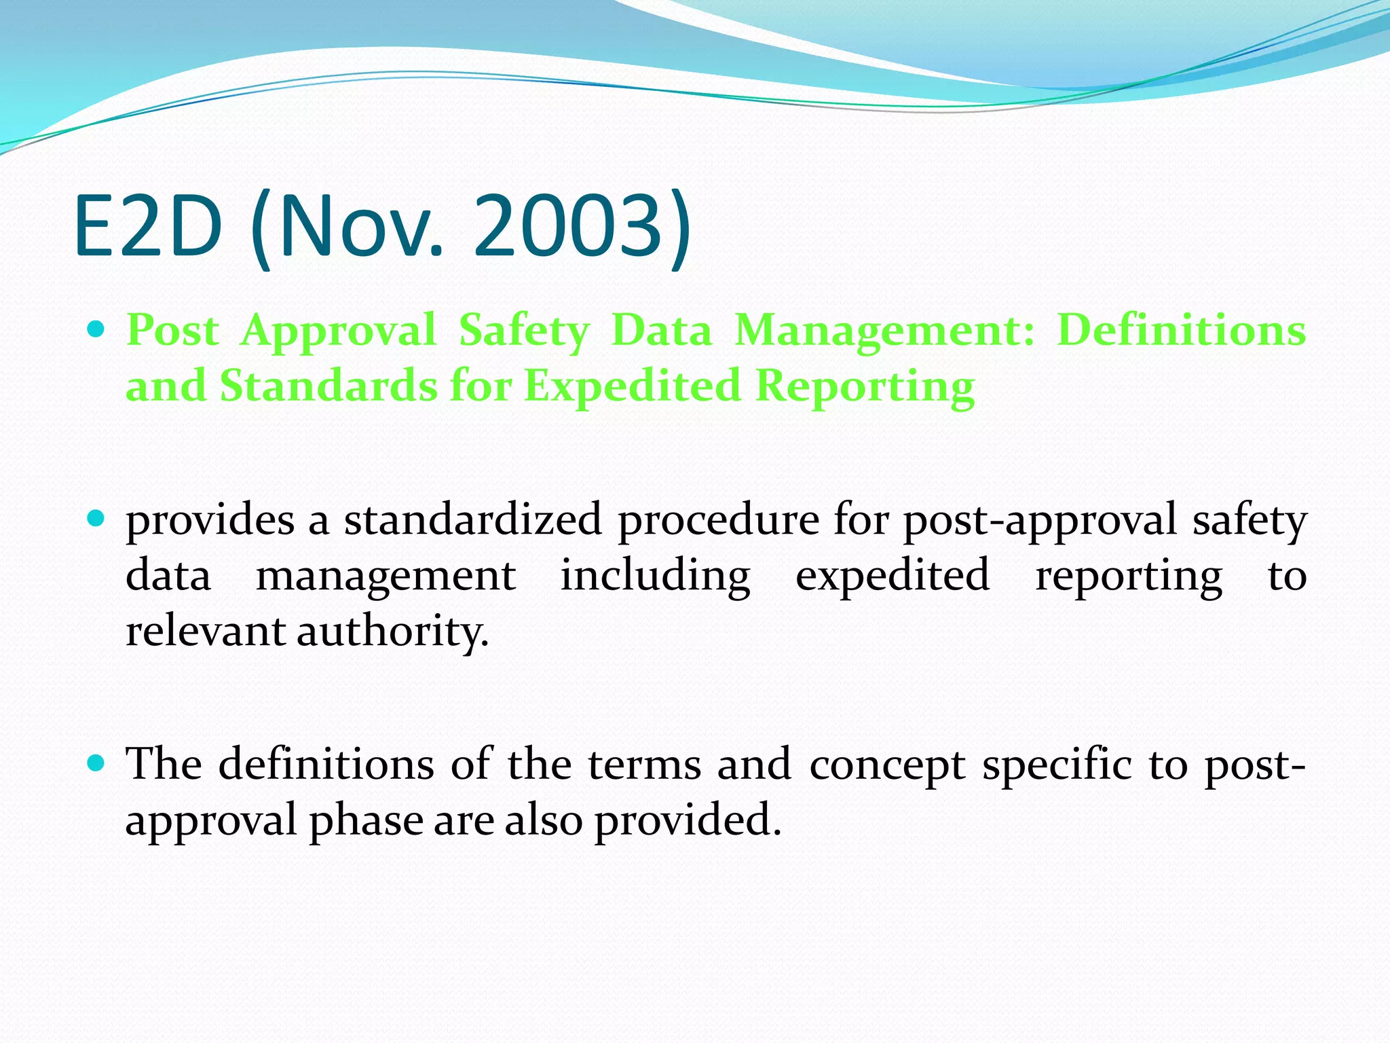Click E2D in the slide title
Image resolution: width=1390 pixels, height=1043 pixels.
pos(148,225)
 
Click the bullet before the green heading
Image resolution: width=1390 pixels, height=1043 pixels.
pos(97,331)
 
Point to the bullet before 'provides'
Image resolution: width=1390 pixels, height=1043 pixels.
pos(97,520)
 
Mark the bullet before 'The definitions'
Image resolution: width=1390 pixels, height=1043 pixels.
pos(97,764)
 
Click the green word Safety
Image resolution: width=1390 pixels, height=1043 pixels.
pos(524,332)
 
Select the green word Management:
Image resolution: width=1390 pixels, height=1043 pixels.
pos(884,332)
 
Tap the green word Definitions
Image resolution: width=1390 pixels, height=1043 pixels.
pos(1181,331)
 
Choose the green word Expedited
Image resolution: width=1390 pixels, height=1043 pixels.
pos(632,387)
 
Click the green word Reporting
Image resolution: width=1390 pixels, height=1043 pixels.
pos(865,387)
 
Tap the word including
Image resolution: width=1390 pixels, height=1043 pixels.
pos(655,577)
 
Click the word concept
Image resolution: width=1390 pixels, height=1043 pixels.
pos(887,766)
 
